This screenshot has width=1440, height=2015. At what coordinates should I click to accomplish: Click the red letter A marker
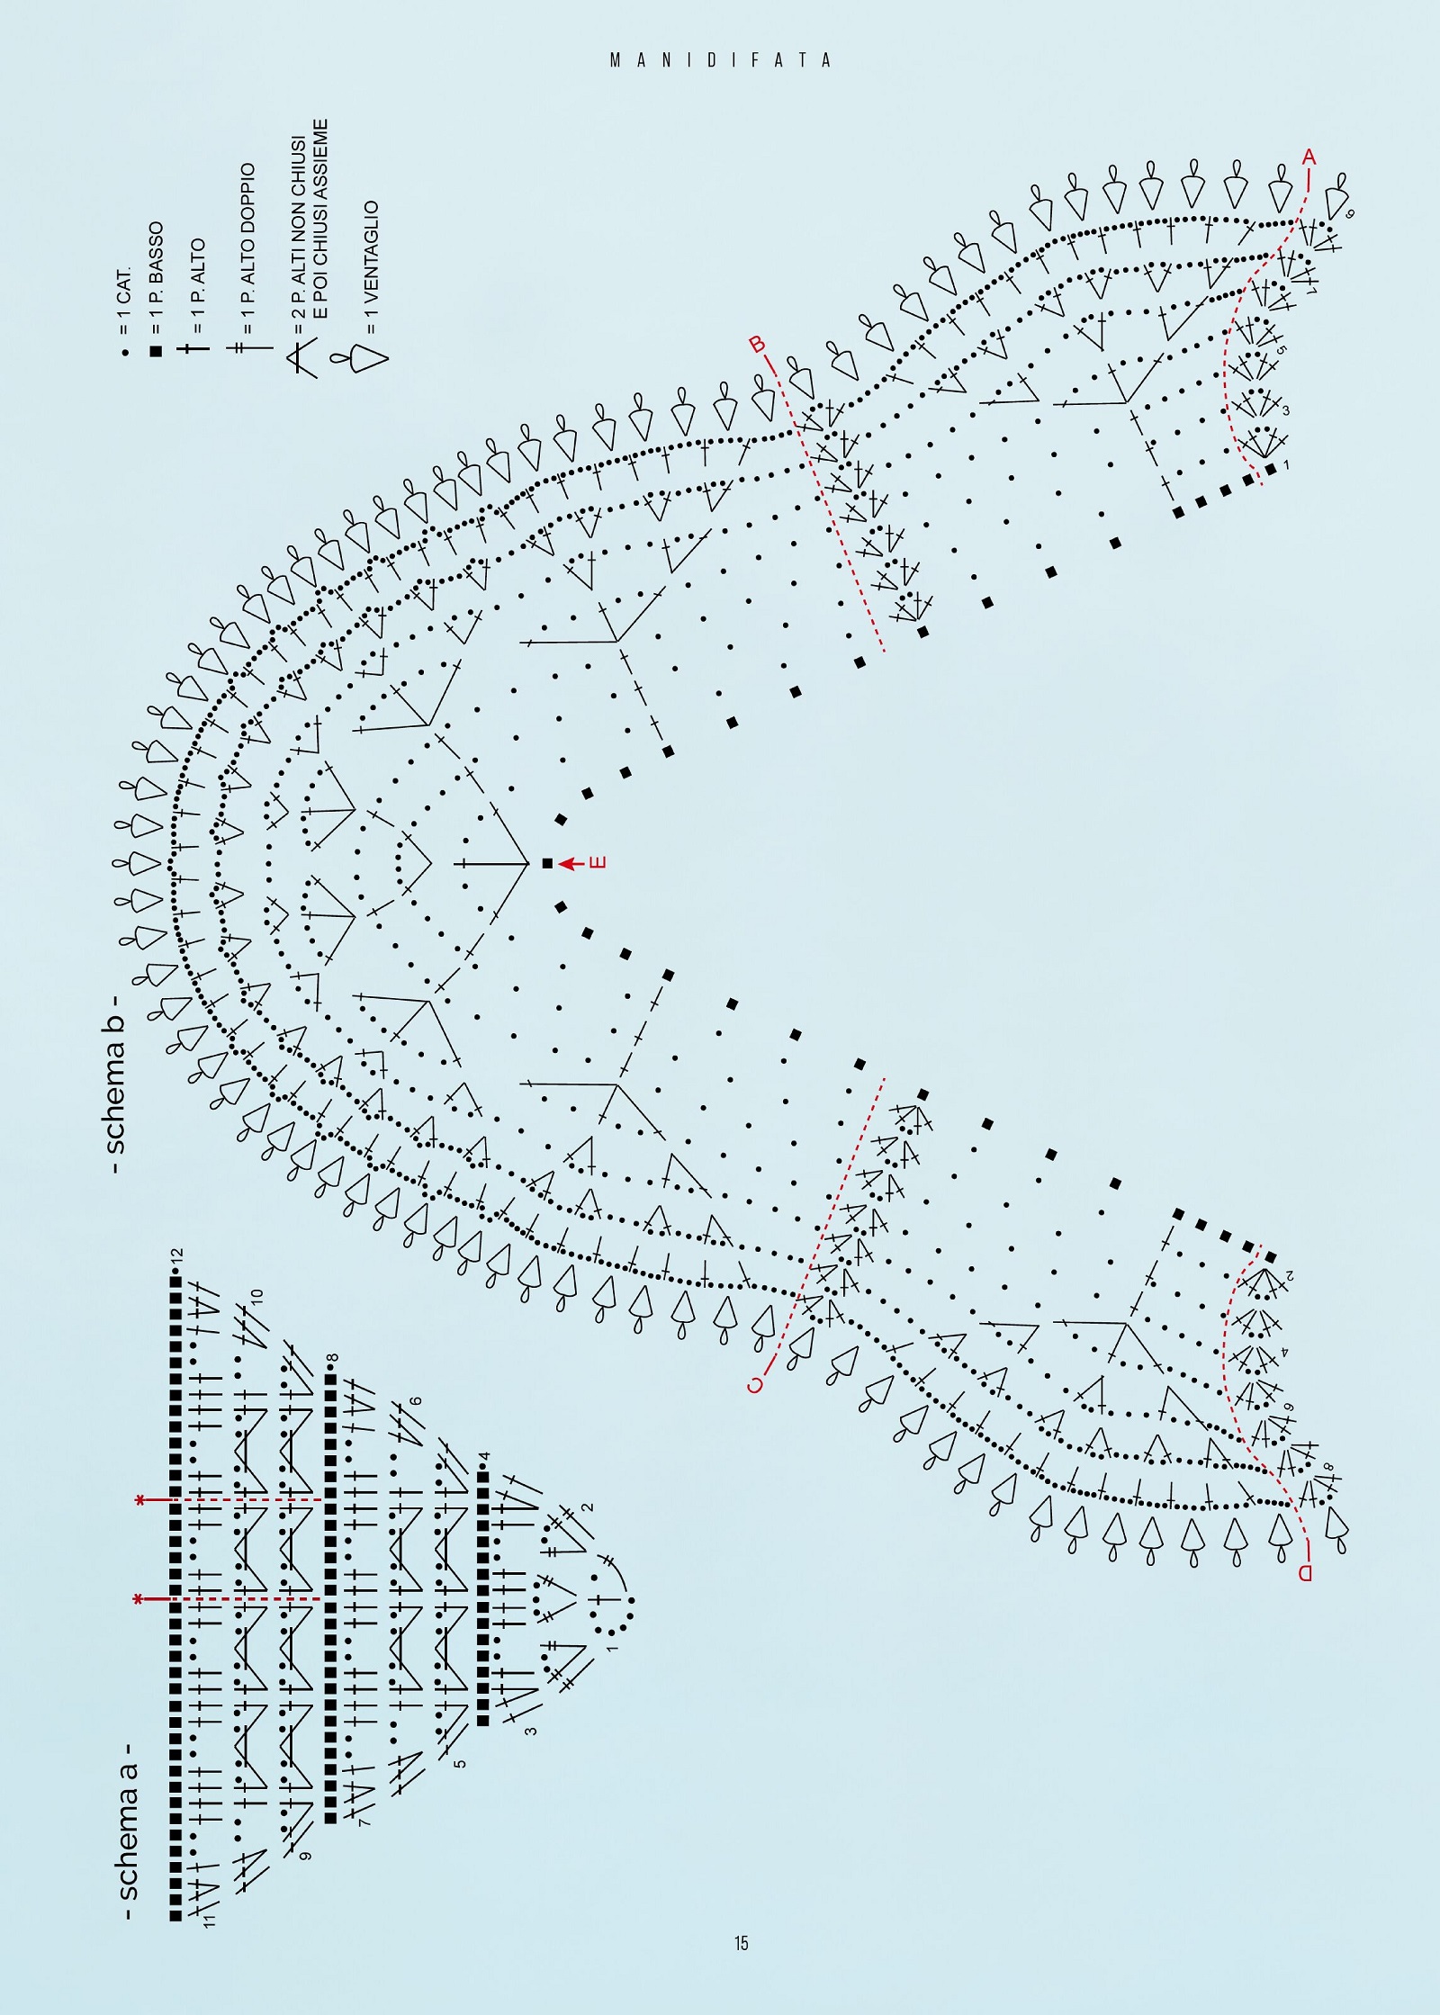point(1309,157)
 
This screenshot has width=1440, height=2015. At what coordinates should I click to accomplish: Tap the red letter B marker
point(758,345)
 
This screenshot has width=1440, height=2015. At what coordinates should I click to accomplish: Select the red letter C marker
point(756,1384)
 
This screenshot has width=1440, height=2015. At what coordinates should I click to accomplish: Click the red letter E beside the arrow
point(598,863)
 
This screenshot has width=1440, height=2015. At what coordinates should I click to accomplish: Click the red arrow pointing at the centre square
point(571,864)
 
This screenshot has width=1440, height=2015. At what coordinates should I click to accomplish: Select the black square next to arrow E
point(547,864)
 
